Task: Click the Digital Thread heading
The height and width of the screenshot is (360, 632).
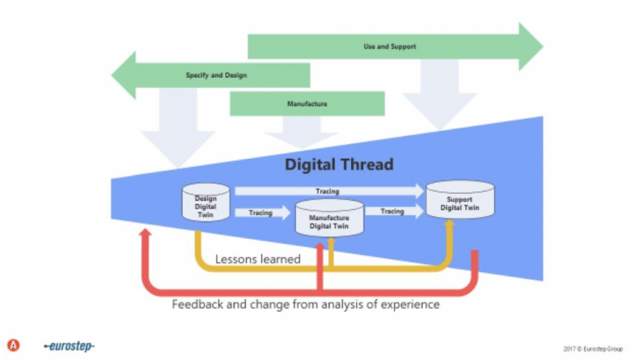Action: pos(338,165)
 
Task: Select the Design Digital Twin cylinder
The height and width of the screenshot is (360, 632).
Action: pos(206,203)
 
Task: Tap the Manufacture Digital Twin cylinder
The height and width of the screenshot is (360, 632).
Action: pos(329,219)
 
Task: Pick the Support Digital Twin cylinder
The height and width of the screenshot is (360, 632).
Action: pos(460,201)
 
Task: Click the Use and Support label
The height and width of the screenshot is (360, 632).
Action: pos(389,46)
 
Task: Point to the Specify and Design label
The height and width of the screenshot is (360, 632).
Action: pos(216,75)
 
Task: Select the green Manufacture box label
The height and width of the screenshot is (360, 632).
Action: pos(307,104)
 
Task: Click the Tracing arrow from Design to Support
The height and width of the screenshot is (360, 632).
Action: pos(327,191)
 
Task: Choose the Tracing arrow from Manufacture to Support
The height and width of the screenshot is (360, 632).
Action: pos(393,211)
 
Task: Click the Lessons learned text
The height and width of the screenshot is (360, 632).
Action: pos(257,259)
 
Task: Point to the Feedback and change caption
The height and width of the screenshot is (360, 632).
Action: pos(306,304)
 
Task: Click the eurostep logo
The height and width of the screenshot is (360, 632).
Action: pos(69,346)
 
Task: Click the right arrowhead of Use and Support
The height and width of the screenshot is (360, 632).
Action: pos(530,46)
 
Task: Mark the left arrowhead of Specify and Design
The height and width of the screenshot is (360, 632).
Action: pos(124,75)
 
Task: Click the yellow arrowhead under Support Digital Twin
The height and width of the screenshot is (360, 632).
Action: pos(449,224)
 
